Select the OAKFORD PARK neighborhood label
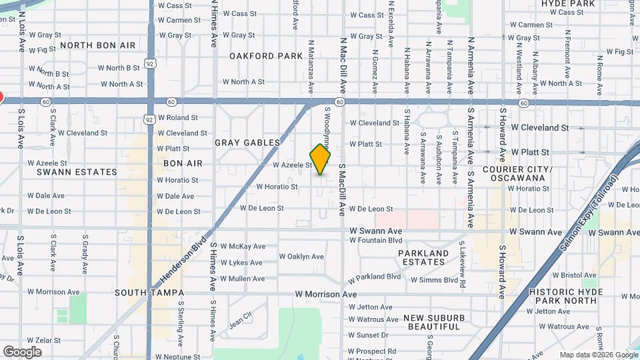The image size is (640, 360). [x=266, y=56]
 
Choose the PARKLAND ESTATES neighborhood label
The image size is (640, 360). [x=423, y=257]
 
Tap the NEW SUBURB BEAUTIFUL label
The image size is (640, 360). [x=434, y=322]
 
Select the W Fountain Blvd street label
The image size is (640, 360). [x=376, y=240]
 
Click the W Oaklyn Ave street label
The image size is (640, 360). [x=301, y=257]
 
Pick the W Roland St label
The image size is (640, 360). [x=177, y=117]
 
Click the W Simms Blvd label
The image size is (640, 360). [x=435, y=280]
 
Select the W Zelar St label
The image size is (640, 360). [x=44, y=340]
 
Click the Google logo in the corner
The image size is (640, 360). [x=22, y=352]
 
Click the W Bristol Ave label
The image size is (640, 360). [x=560, y=275]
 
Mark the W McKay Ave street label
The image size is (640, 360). [x=243, y=246]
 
